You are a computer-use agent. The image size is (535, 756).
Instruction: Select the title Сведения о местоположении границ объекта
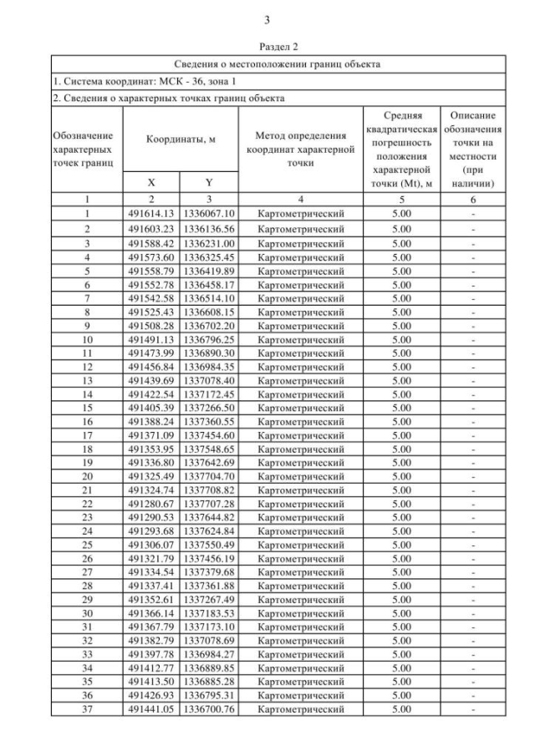click(x=277, y=63)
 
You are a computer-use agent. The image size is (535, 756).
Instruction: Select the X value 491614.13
click(x=151, y=214)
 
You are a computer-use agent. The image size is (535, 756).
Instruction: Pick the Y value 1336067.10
click(x=209, y=214)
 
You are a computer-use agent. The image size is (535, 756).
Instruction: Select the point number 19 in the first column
click(x=86, y=462)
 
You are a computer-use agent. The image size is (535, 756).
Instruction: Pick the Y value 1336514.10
click(x=209, y=297)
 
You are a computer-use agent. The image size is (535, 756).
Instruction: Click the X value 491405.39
click(x=151, y=407)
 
